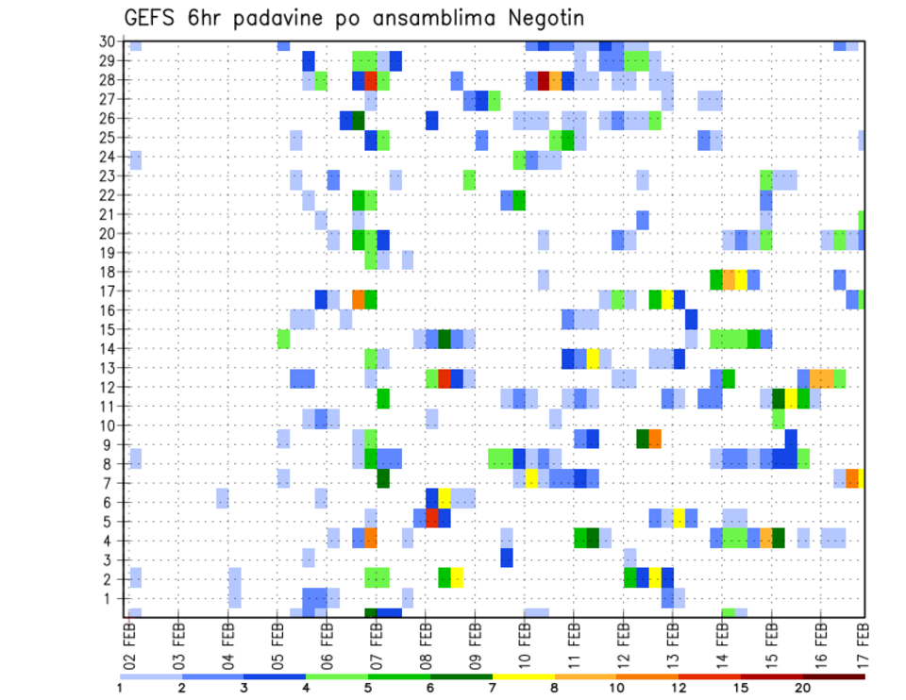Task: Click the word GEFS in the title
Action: (152, 17)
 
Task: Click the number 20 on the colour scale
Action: (803, 688)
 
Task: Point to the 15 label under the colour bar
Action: (741, 688)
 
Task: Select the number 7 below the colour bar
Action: (492, 688)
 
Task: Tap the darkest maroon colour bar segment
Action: (833, 675)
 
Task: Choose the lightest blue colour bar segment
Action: (151, 675)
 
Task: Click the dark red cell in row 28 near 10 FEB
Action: (544, 80)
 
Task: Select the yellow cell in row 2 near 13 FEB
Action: (654, 577)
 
